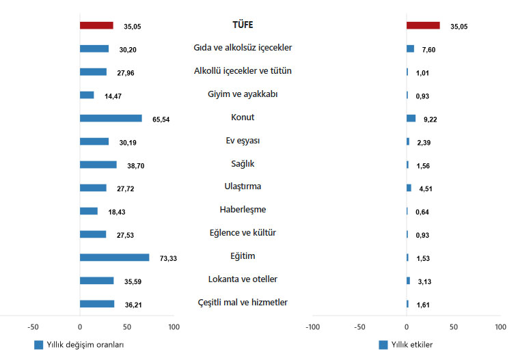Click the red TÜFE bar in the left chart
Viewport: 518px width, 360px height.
pyautogui.click(x=96, y=25)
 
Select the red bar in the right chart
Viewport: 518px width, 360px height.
pyautogui.click(x=423, y=25)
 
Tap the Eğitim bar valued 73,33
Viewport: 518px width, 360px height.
pyautogui.click(x=114, y=258)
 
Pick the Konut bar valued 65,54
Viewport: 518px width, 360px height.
pyautogui.click(x=111, y=118)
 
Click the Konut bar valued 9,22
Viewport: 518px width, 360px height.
pyautogui.click(x=411, y=118)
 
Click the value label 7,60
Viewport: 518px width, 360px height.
pyautogui.click(x=430, y=49)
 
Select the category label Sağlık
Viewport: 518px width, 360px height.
pyautogui.click(x=243, y=163)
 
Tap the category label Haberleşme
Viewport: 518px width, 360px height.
pyautogui.click(x=243, y=210)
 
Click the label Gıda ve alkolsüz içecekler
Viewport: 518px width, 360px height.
pyautogui.click(x=243, y=48)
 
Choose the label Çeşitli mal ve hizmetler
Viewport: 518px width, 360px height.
pyautogui.click(x=243, y=303)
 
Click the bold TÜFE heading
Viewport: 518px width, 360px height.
pyautogui.click(x=243, y=25)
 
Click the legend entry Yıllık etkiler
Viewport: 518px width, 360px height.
pyautogui.click(x=411, y=344)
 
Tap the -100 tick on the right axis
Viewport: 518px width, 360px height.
pyautogui.click(x=312, y=328)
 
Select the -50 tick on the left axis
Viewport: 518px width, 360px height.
pyautogui.click(x=33, y=328)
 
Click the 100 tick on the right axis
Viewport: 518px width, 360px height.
pyautogui.click(x=500, y=328)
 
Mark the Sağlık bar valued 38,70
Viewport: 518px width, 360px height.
pyautogui.click(x=98, y=165)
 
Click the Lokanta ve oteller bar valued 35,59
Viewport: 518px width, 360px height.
pyautogui.click(x=96, y=281)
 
